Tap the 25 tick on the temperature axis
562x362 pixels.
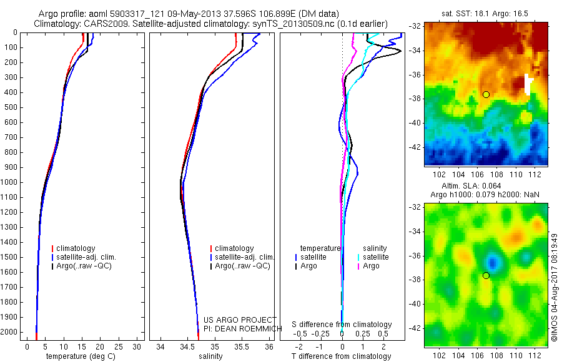coord(119,345)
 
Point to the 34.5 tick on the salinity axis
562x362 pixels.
coord(187,345)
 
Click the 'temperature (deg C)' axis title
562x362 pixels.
coord(81,356)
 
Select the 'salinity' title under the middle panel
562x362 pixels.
coord(210,356)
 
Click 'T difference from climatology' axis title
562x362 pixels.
coord(342,356)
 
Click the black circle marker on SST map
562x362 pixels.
coord(486,94)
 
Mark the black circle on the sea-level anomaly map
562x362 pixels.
coord(486,275)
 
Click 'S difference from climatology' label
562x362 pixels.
coord(342,325)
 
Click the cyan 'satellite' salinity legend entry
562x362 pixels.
coord(375,257)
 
